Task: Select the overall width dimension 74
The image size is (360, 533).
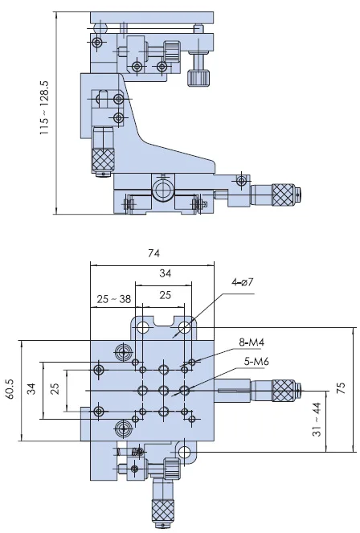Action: click(x=153, y=253)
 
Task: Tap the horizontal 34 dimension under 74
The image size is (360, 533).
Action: click(x=164, y=274)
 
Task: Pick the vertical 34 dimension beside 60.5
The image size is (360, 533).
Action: click(x=31, y=390)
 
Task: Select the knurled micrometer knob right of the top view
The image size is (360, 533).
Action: click(x=281, y=391)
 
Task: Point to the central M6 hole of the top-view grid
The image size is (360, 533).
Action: click(x=164, y=391)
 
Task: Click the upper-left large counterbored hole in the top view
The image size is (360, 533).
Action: click(x=122, y=351)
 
